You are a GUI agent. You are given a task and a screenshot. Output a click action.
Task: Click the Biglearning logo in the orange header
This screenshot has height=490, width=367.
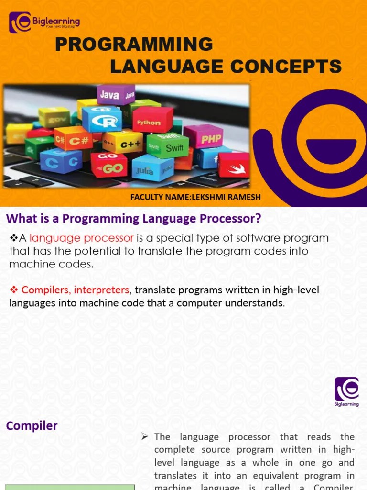pyautogui.click(x=44, y=22)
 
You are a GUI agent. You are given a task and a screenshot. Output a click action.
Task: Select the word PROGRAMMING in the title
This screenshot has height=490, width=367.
pyautogui.click(x=134, y=45)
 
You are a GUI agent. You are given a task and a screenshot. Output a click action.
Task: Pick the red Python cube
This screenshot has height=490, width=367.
pyautogui.click(x=151, y=120)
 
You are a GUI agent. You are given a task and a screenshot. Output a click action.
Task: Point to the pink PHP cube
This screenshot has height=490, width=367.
pyautogui.click(x=204, y=137)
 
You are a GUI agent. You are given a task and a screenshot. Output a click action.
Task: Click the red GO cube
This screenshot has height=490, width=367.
pyautogui.click(x=109, y=165)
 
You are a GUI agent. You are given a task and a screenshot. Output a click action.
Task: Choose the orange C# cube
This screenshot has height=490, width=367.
pyautogui.click(x=73, y=139)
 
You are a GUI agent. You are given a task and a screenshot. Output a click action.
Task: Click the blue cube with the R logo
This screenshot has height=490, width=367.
pyautogui.click(x=102, y=119)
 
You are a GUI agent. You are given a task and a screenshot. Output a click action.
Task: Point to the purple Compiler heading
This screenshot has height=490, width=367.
pyautogui.click(x=32, y=425)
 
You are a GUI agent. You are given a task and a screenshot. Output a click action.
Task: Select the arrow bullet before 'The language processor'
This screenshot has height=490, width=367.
pyautogui.click(x=145, y=437)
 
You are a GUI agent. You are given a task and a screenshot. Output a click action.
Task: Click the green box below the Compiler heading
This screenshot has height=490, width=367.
pyautogui.click(x=70, y=487)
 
